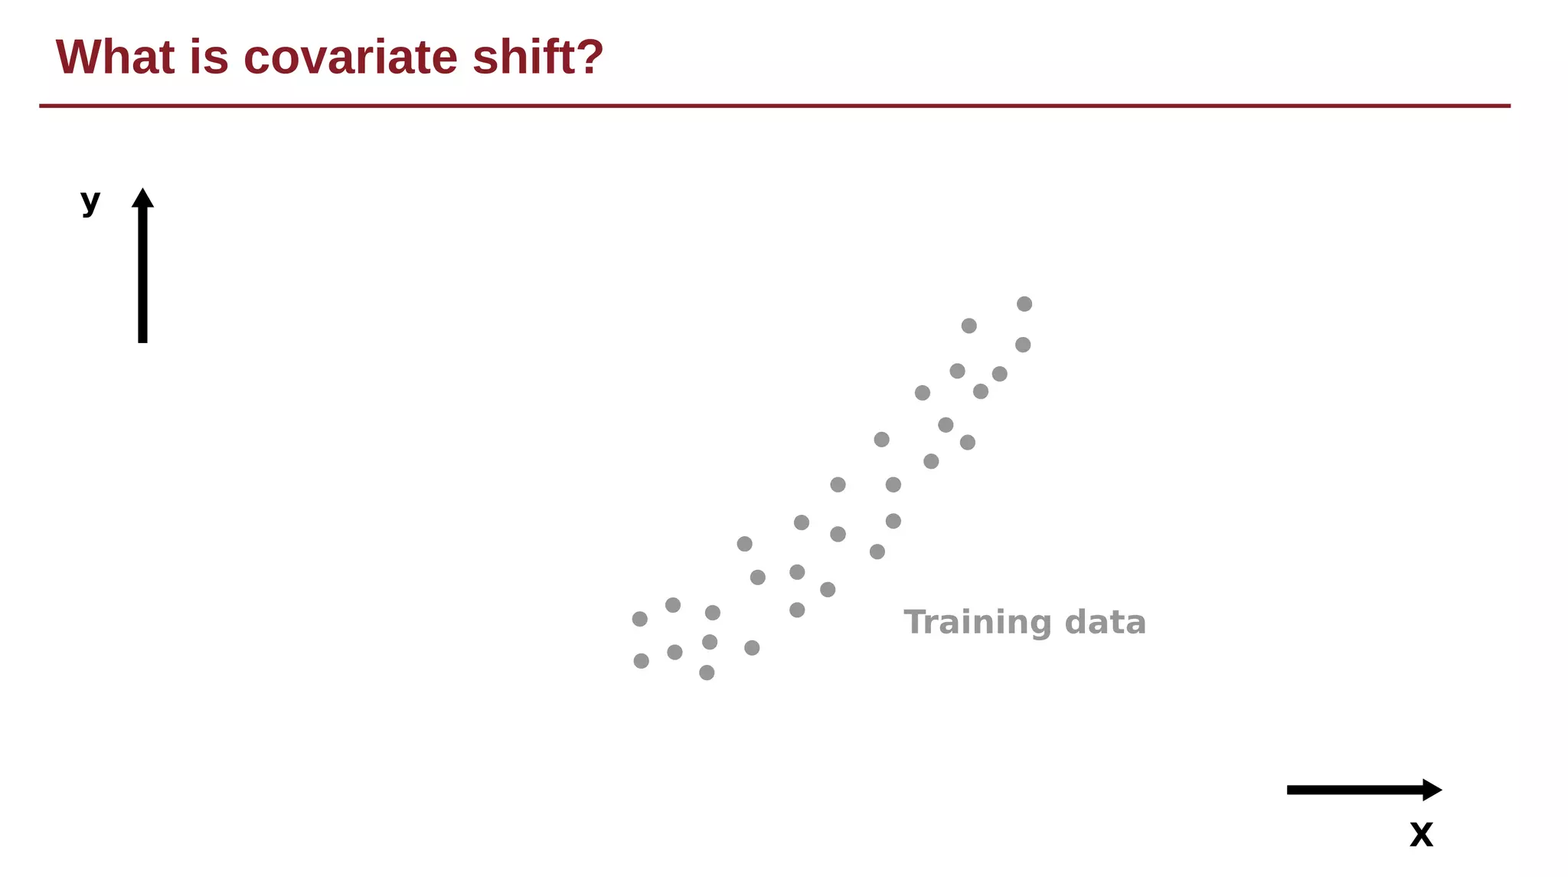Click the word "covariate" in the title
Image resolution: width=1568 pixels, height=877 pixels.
pyautogui.click(x=351, y=57)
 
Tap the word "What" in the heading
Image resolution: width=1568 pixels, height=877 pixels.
pyautogui.click(x=115, y=57)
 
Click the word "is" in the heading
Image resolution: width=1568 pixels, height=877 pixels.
pyautogui.click(x=209, y=57)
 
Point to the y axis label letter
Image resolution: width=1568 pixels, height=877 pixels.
pyautogui.click(x=90, y=201)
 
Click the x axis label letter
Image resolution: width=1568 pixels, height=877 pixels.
pyautogui.click(x=1421, y=834)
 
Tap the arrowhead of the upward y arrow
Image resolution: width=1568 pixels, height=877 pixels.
pyautogui.click(x=142, y=198)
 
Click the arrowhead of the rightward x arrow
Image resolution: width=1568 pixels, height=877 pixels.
pyautogui.click(x=1432, y=790)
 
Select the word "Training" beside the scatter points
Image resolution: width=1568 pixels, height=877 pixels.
pyautogui.click(x=977, y=623)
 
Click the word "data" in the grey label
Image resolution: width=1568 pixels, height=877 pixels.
pyautogui.click(x=1105, y=623)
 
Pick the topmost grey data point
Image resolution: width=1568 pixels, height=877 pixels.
pyautogui.click(x=1024, y=304)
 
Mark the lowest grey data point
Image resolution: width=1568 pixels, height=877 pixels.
pyautogui.click(x=707, y=672)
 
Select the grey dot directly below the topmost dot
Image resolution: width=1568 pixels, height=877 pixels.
pyautogui.click(x=1023, y=345)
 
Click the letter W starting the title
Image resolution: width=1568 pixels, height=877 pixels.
pyautogui.click(x=77, y=57)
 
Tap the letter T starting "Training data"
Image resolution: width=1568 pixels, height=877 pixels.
pyautogui.click(x=914, y=622)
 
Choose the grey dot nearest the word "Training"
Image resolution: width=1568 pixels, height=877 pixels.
pyautogui.click(x=877, y=551)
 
